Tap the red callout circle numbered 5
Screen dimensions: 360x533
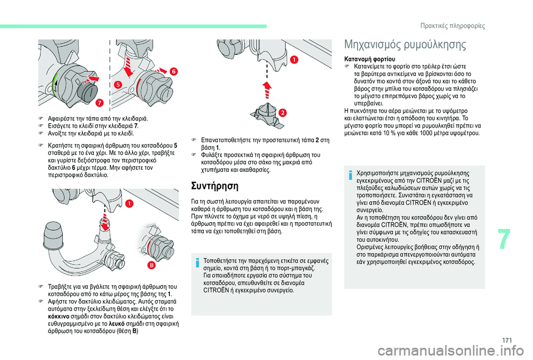click(118, 84)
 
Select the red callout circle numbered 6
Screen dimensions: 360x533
click(174, 72)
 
